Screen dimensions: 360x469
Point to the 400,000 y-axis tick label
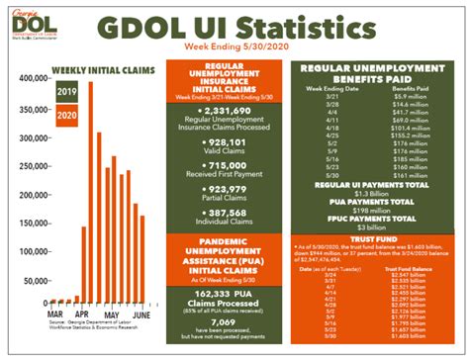tap(34, 78)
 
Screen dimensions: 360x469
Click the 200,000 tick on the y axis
tap(34, 190)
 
